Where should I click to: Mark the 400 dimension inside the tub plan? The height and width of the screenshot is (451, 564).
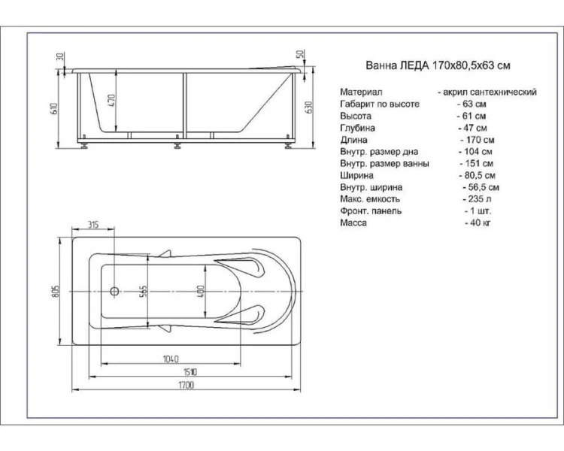pyautogui.click(x=201, y=292)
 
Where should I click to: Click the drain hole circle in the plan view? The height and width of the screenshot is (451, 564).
pyautogui.click(x=115, y=292)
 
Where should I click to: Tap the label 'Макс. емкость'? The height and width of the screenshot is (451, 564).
pyautogui.click(x=370, y=199)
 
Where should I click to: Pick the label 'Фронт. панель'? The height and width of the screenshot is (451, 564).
pyautogui.click(x=371, y=211)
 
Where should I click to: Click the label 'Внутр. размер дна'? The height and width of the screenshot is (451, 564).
pyautogui.click(x=378, y=152)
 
